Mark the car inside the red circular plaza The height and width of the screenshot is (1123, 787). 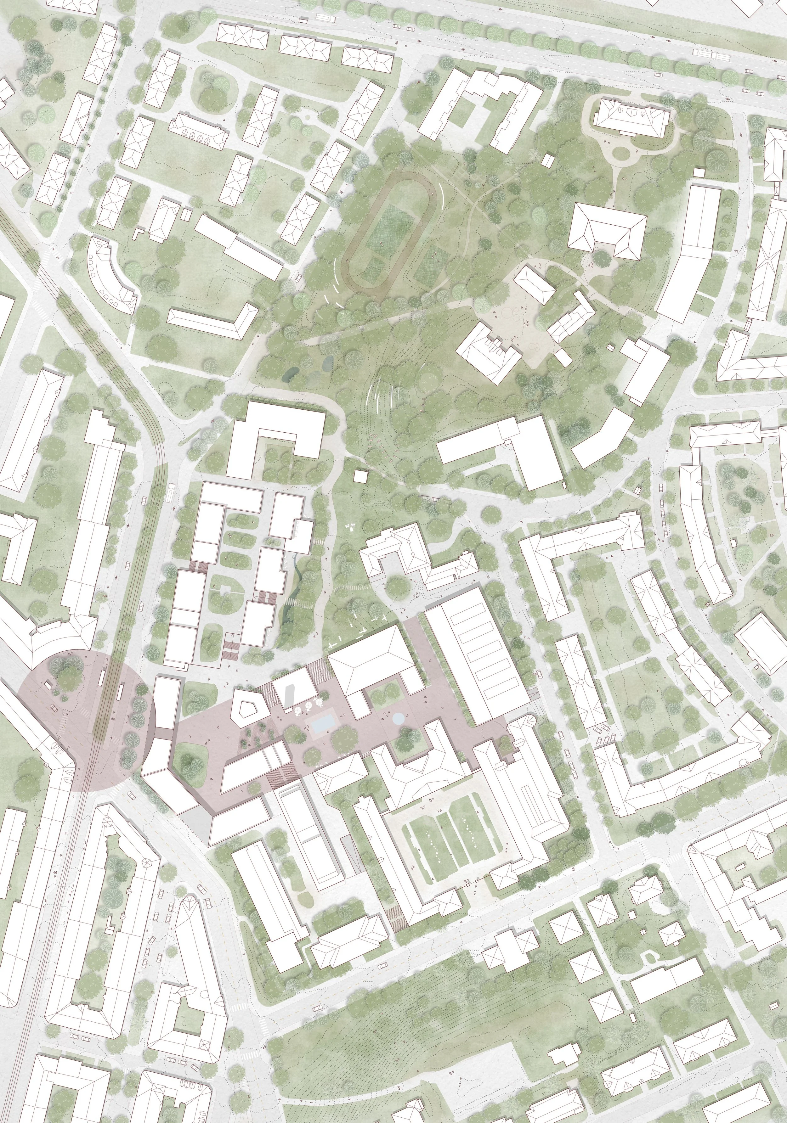52,709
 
